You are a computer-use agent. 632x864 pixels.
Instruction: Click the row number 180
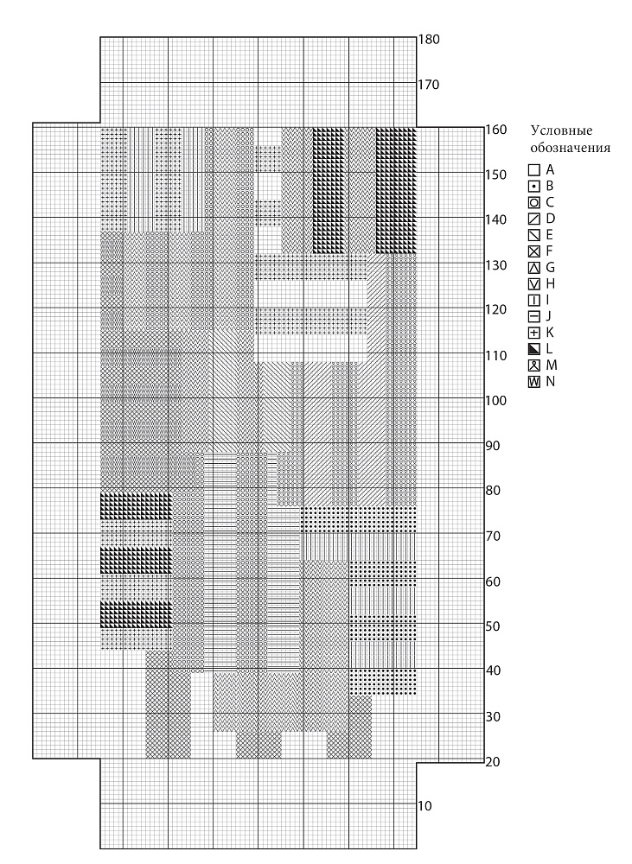[x=429, y=40]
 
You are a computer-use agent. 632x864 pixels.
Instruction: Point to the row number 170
[x=429, y=85]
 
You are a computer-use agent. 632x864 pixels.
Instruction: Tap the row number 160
[x=495, y=130]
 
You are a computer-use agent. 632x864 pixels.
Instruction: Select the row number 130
[x=495, y=265]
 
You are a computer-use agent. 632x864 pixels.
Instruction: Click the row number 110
[x=495, y=356]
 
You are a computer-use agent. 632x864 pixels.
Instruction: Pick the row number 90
[x=493, y=445]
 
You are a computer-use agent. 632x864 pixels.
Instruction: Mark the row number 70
[x=493, y=536]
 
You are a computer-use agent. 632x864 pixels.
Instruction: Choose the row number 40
[x=493, y=670]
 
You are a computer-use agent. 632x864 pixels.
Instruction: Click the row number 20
[x=493, y=761]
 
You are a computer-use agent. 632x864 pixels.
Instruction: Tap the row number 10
[x=425, y=806]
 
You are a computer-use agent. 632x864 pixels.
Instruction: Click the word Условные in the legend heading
[x=561, y=131]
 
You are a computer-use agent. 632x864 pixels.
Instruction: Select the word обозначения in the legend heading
[x=571, y=149]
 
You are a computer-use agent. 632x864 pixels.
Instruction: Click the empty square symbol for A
[x=533, y=170]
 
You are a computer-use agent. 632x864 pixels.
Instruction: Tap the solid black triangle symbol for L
[x=533, y=349]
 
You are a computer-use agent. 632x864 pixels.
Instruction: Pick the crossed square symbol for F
[x=533, y=251]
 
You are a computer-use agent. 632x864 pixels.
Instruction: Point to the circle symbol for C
[x=533, y=203]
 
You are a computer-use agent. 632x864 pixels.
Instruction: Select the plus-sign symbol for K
[x=533, y=333]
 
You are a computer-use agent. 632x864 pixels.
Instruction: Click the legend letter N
[x=551, y=381]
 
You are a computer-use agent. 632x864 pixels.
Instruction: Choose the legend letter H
[x=551, y=283]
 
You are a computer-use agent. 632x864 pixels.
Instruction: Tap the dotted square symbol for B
[x=533, y=187]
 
